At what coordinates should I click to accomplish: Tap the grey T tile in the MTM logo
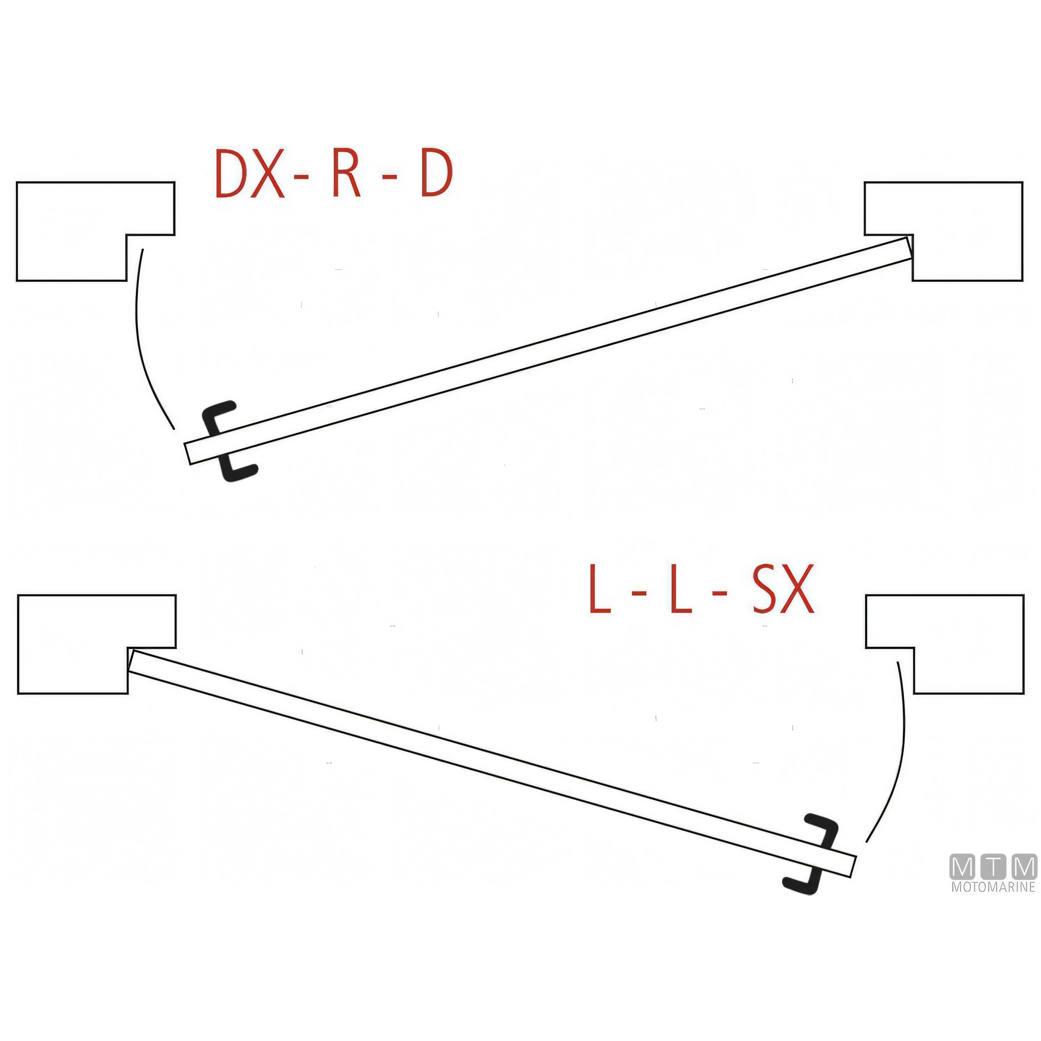993,867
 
